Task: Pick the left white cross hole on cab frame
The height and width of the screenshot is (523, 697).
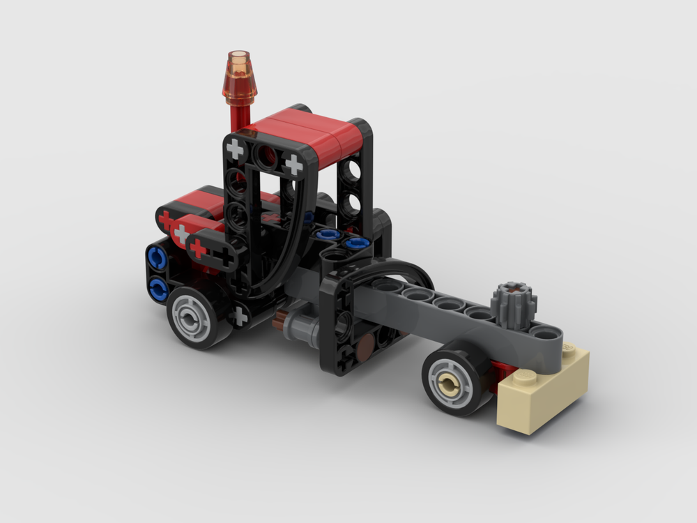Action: tap(236, 149)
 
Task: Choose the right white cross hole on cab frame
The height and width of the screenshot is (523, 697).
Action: tap(294, 165)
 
